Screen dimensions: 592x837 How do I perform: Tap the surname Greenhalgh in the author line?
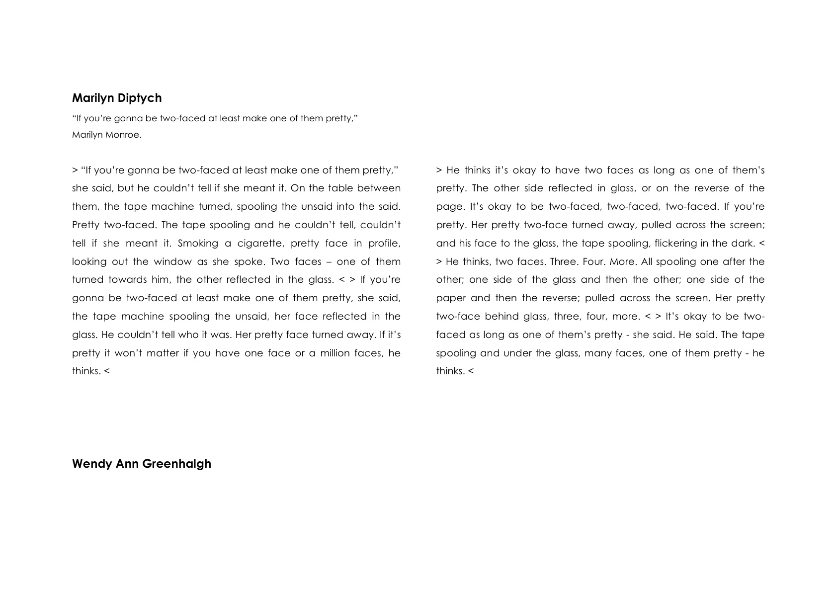[176, 464]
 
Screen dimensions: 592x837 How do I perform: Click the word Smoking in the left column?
[198, 243]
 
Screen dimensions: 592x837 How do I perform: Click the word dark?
[744, 243]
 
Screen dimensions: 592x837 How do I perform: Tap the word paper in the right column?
[451, 298]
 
